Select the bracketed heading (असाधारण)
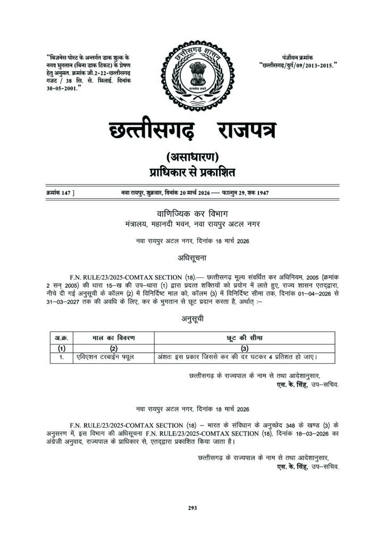[x=192, y=157]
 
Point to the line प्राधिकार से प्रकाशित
[x=192, y=172]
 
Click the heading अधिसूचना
[x=192, y=258]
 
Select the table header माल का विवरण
[x=113, y=338]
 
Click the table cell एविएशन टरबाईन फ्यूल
[x=104, y=357]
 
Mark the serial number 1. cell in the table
[x=61, y=357]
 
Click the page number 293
[x=192, y=508]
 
